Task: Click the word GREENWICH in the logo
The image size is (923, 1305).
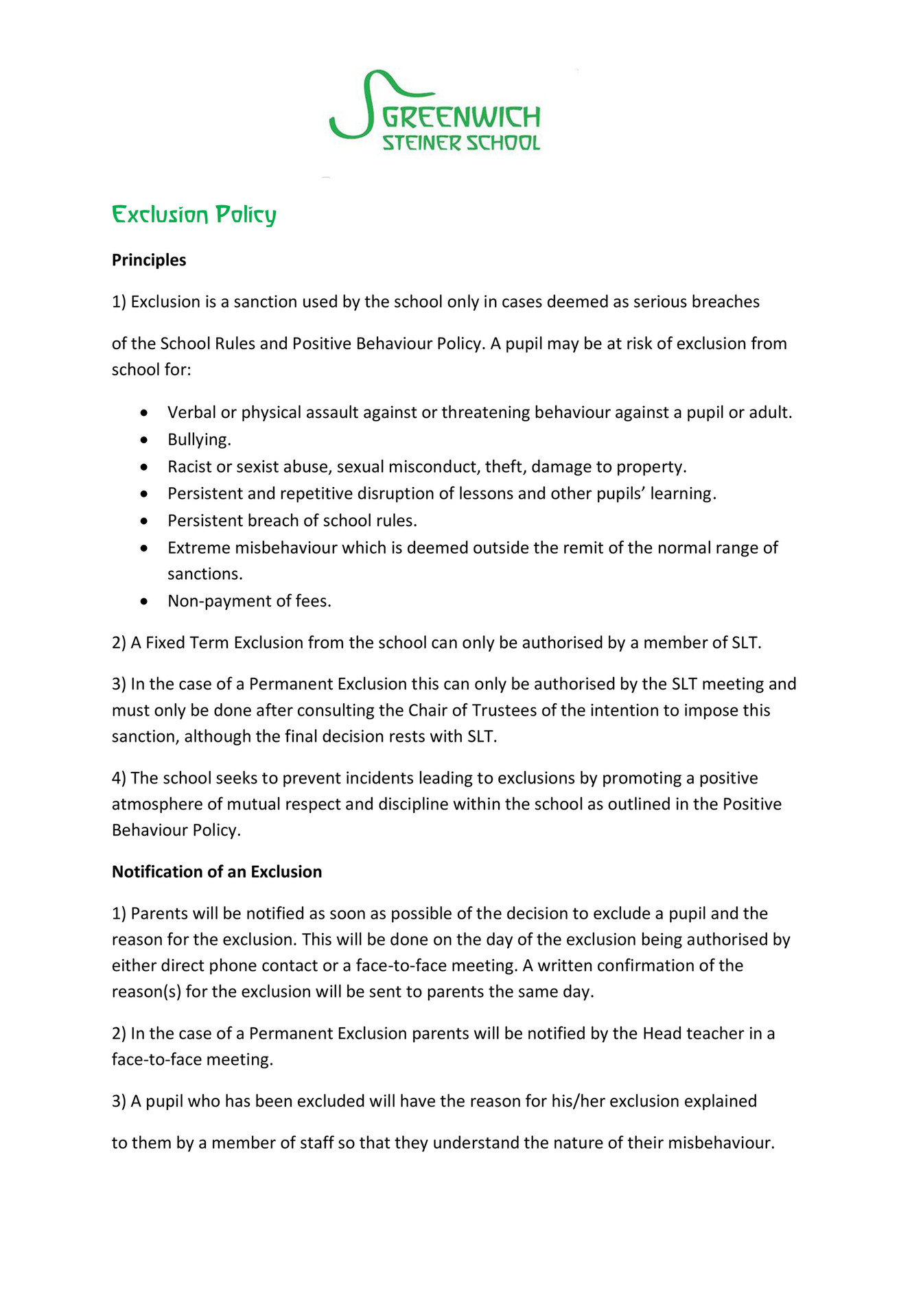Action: (x=460, y=117)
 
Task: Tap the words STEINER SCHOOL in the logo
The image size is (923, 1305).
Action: (x=460, y=143)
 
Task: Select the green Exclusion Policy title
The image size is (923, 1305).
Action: (x=194, y=215)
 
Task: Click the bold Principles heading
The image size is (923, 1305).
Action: (x=149, y=260)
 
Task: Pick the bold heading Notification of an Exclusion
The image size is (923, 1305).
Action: (x=217, y=871)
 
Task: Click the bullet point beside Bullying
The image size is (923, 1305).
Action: (x=143, y=440)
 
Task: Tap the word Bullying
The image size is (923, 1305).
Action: (x=199, y=440)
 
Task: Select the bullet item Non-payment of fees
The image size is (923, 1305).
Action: (x=249, y=601)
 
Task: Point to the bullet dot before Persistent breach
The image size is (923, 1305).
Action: (x=143, y=521)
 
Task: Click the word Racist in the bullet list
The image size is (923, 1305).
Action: (x=189, y=467)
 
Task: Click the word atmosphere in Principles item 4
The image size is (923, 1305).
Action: (x=156, y=804)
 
